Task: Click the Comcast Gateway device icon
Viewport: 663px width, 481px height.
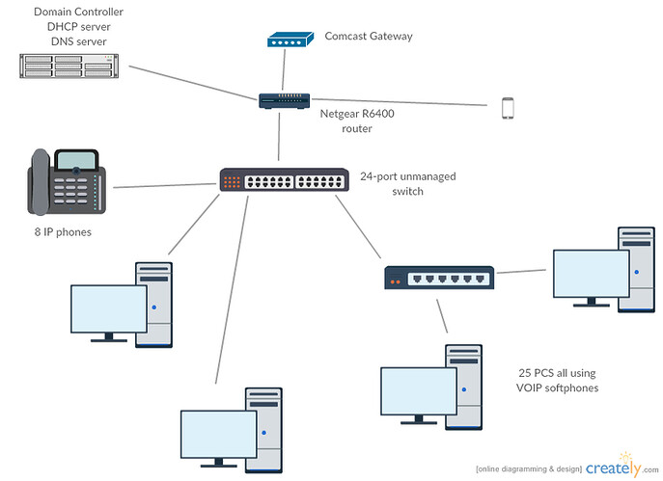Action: [x=289, y=40]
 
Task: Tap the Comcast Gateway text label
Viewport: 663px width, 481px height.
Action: [x=369, y=37]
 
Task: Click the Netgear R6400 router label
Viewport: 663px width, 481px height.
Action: [x=356, y=120]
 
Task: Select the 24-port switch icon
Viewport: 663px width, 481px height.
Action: [x=284, y=180]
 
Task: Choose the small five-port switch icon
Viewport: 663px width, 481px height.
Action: [x=439, y=278]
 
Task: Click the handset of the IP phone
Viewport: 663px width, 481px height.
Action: [x=39, y=182]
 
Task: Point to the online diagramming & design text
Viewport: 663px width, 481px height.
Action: [x=528, y=468]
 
